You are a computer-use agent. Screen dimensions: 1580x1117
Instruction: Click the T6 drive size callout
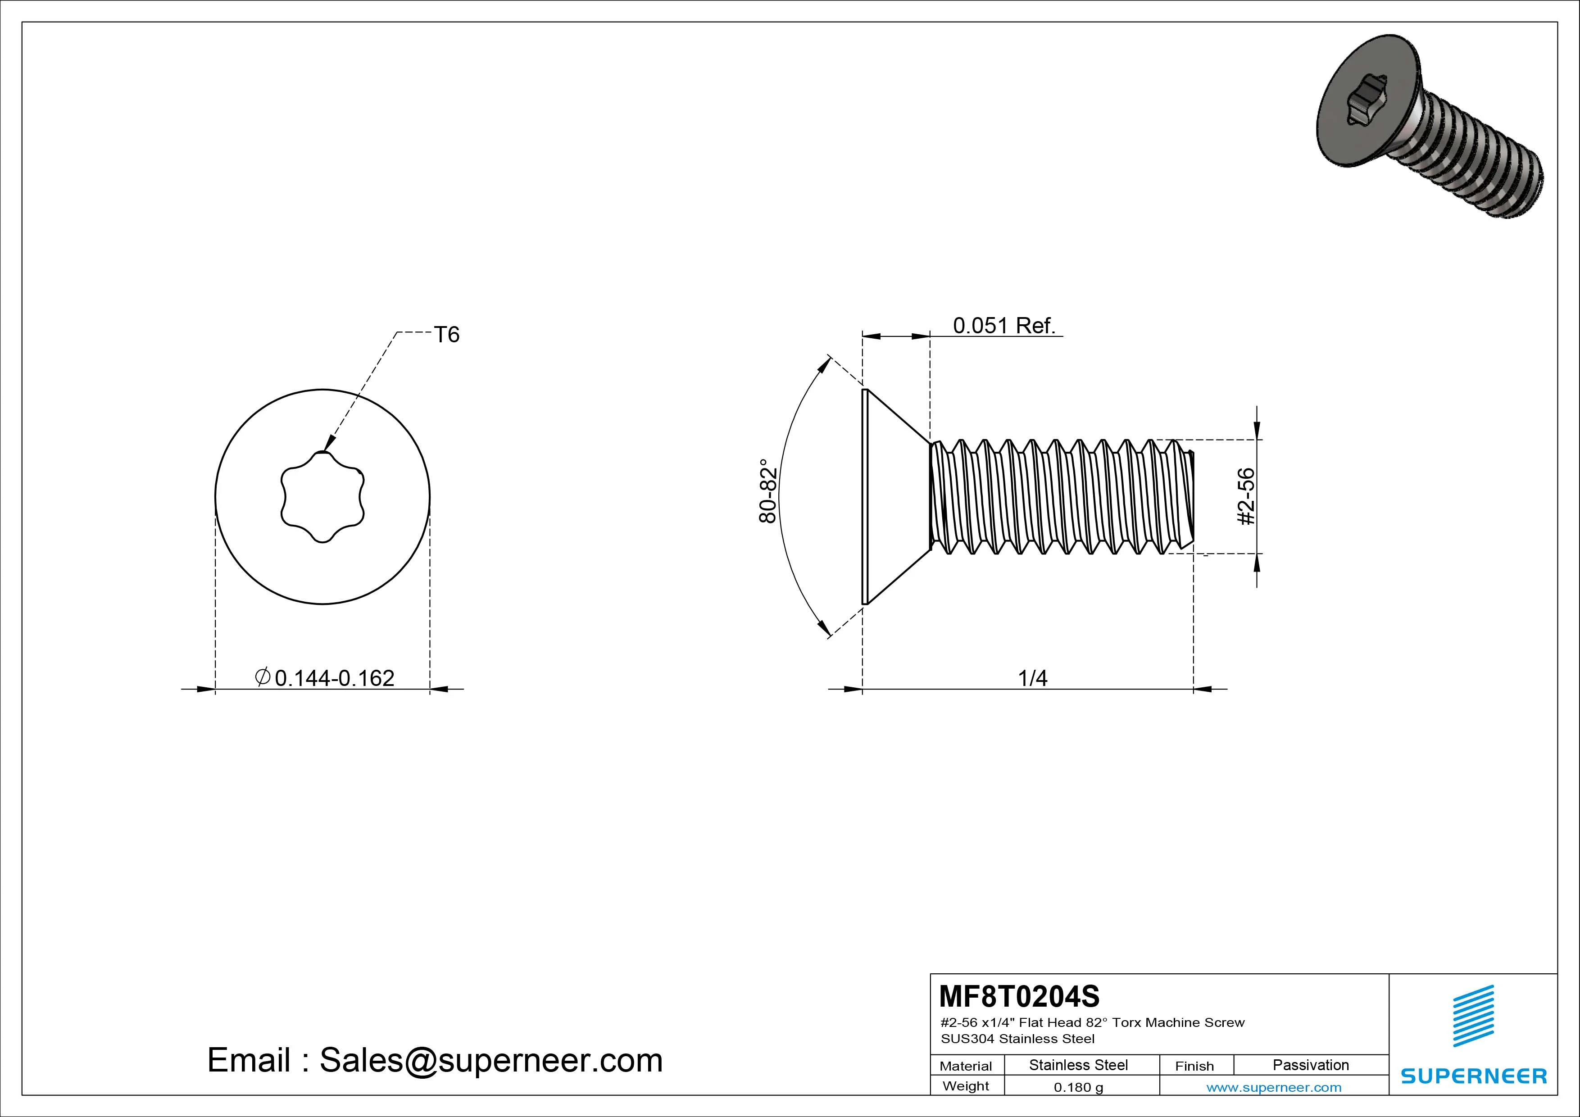[x=447, y=335]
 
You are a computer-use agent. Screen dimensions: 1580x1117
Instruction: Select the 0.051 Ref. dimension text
[x=1004, y=326]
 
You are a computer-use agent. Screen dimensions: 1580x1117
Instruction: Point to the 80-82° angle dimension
[x=768, y=490]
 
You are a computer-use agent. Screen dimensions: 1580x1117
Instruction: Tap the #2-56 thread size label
[x=1246, y=496]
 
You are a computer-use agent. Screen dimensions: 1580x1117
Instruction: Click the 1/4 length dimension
[x=1032, y=679]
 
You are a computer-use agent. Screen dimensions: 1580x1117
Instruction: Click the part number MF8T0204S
[x=1019, y=996]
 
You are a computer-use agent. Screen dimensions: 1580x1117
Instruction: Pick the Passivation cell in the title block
[x=1310, y=1065]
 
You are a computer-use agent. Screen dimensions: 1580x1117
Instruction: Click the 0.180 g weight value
[x=1078, y=1087]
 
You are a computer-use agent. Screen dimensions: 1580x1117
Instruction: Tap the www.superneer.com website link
[x=1274, y=1087]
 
